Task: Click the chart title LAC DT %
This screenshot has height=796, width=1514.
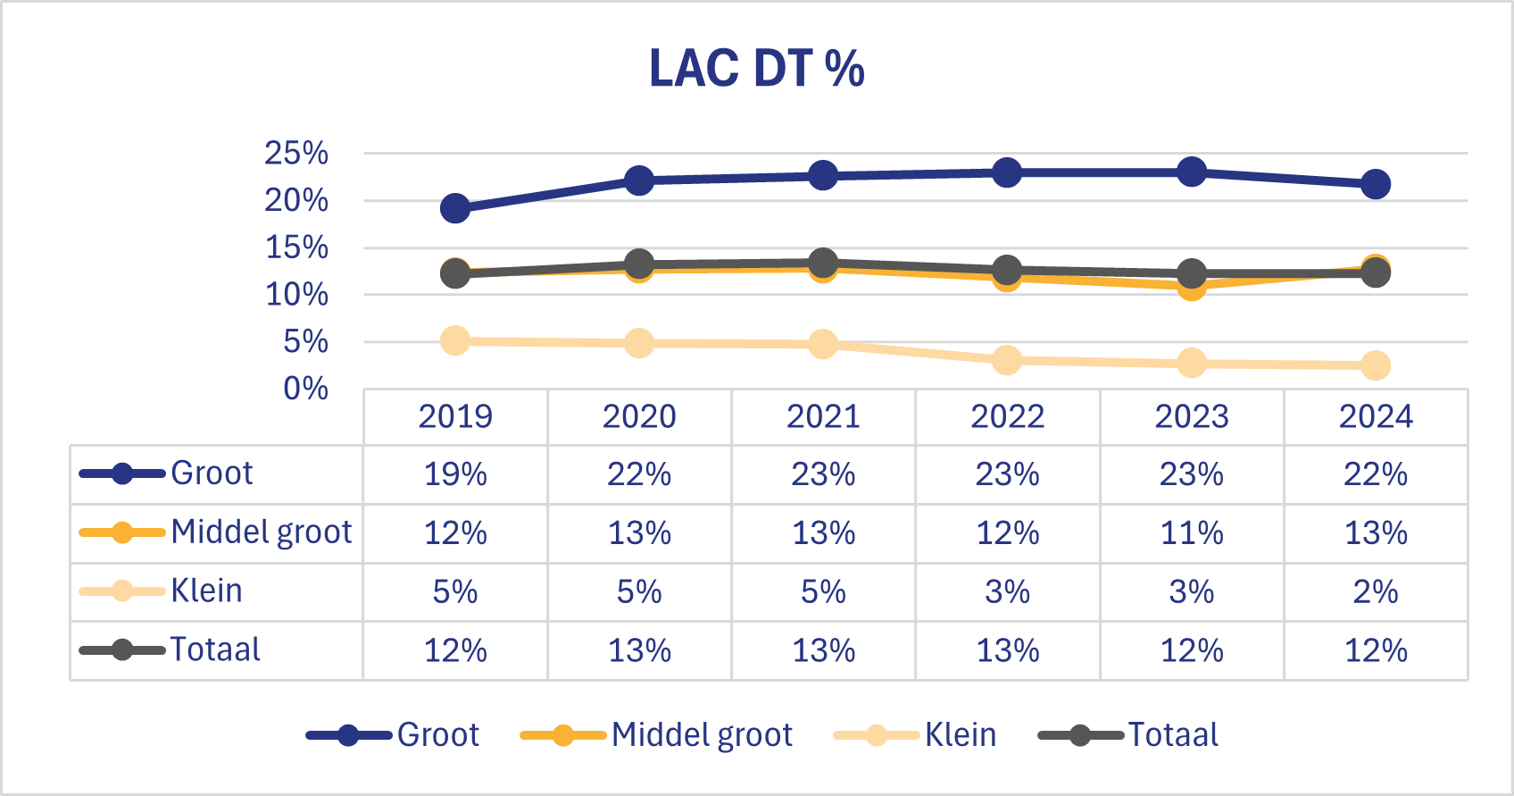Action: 756,69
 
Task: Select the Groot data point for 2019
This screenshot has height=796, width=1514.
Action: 455,208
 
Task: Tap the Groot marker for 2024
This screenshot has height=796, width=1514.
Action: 1376,184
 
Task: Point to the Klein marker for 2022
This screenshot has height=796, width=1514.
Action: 1007,360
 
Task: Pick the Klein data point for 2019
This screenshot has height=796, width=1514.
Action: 455,340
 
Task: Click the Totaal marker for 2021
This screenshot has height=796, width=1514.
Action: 823,263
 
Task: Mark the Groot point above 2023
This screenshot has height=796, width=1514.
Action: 1192,172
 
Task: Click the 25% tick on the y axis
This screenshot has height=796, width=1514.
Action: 296,154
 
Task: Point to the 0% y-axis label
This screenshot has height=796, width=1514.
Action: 305,389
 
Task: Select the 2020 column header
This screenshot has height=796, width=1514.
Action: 639,416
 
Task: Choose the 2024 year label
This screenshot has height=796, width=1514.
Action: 1376,416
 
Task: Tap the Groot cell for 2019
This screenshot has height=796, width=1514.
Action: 455,474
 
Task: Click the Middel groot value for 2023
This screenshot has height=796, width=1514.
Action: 1192,533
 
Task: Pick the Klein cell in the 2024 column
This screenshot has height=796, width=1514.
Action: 1376,591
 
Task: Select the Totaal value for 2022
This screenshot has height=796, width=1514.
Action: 1007,650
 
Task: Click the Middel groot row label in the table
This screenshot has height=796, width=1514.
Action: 261,532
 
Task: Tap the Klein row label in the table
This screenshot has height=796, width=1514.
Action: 207,591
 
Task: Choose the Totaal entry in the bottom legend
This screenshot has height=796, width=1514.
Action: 1172,735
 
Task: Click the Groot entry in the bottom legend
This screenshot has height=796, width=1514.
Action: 437,735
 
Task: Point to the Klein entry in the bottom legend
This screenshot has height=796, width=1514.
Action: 960,735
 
